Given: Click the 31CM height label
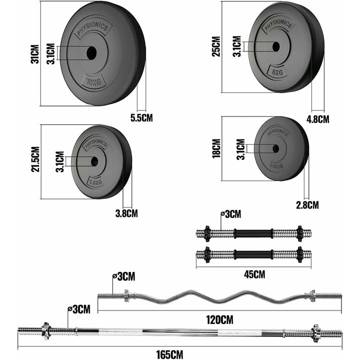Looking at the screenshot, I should pos(34,53).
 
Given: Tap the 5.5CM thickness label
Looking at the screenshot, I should pos(141,118).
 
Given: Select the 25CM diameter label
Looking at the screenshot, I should pos(216,46).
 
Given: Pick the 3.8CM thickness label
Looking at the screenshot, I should pos(126,213).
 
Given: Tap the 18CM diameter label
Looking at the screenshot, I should pos(216,148).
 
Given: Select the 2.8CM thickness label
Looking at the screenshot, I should pos(307,204).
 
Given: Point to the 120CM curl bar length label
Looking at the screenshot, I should pos(219,318).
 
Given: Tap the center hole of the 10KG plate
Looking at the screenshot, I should pos(91,53).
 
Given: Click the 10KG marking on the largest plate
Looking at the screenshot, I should pos(93,82).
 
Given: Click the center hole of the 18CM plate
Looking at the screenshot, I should pos(275,148).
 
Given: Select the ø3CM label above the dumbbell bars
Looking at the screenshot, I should pos(231,214).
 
